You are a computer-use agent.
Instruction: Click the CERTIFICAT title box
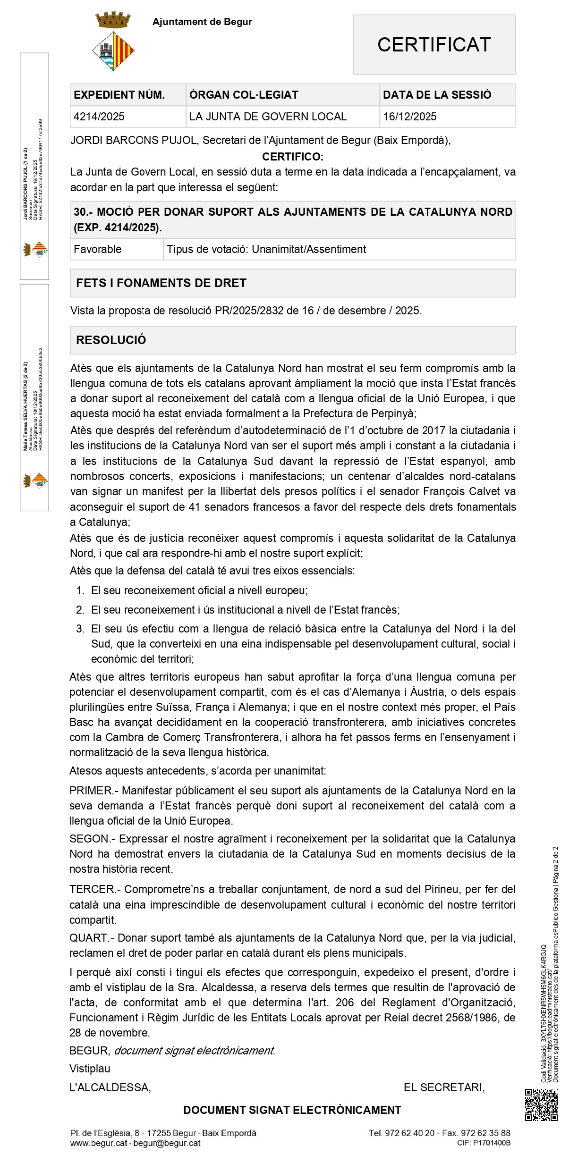click(x=434, y=45)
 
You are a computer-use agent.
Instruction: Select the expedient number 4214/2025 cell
click(x=99, y=117)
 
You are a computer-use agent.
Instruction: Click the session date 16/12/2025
click(x=410, y=117)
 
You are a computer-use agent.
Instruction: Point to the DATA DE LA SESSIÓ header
click(x=437, y=95)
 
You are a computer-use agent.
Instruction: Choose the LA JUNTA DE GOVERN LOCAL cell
click(x=268, y=117)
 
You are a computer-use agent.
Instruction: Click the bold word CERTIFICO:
click(x=293, y=157)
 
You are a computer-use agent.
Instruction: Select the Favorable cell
click(x=98, y=249)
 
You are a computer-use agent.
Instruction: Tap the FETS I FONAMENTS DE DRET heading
click(x=161, y=283)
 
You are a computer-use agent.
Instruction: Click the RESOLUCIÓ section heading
click(x=111, y=340)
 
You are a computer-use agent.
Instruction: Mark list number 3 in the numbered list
click(x=80, y=629)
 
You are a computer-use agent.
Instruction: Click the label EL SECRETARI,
click(x=444, y=1087)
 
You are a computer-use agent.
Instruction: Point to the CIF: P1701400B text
click(x=484, y=1143)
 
